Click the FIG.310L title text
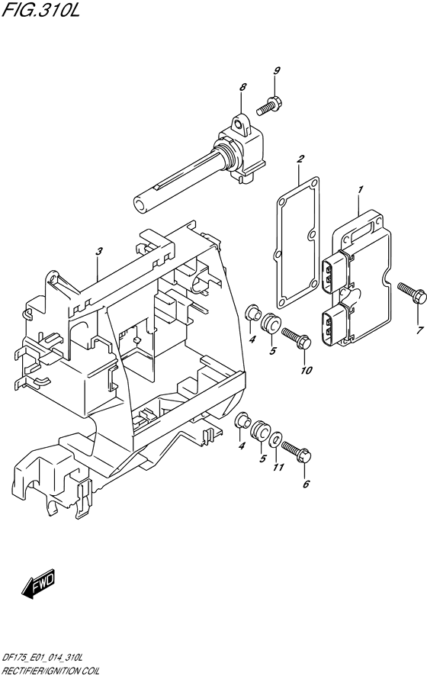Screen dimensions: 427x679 [x=40, y=9]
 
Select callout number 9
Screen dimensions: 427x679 [x=277, y=71]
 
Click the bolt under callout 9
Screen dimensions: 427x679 [x=269, y=106]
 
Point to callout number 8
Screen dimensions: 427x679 [x=242, y=87]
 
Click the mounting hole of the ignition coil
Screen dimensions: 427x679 [x=236, y=124]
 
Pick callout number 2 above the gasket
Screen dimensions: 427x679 [x=300, y=159]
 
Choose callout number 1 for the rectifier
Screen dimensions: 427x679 [x=361, y=189]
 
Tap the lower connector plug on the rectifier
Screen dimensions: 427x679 [x=335, y=323]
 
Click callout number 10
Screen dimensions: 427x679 [x=306, y=370]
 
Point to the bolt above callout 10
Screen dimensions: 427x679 [x=297, y=338]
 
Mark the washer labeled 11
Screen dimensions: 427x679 [x=275, y=441]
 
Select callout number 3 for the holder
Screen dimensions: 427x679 [x=99, y=251]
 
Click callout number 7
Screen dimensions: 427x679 [x=419, y=331]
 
